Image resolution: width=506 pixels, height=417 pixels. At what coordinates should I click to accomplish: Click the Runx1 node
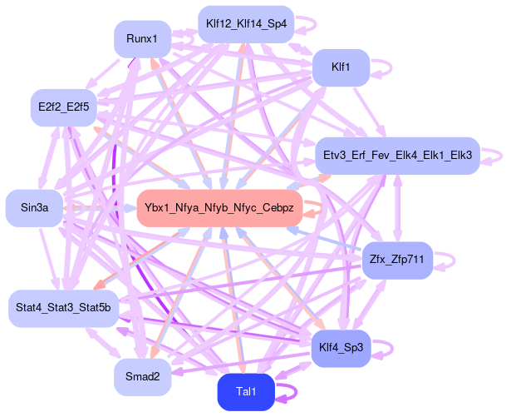[142, 38]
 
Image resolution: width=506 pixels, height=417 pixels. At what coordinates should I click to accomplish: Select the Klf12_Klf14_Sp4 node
[245, 23]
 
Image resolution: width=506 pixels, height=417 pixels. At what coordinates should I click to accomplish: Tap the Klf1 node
[339, 66]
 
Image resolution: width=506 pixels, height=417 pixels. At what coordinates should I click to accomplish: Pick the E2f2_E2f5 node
[63, 107]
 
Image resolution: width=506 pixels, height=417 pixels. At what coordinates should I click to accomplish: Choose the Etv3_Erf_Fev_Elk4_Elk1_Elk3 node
[397, 156]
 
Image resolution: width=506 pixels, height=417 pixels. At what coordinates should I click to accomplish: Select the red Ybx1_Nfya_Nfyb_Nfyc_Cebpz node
[219, 207]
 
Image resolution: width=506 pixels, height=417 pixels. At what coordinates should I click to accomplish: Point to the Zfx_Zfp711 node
[397, 261]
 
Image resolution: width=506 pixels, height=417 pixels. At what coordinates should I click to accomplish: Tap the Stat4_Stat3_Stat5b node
[64, 308]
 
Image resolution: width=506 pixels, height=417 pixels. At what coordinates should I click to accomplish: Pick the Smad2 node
[142, 376]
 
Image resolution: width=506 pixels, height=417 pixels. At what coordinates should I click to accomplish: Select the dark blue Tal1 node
[246, 392]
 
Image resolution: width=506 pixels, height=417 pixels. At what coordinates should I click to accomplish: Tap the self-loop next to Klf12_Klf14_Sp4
[309, 23]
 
